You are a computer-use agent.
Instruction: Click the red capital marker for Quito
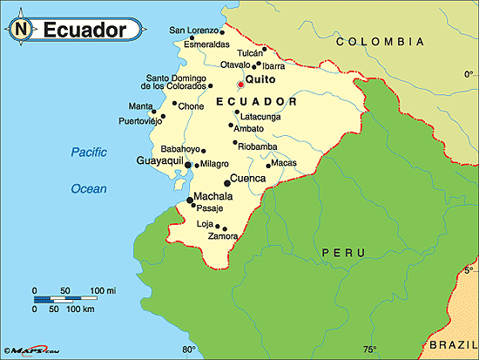point(240,85)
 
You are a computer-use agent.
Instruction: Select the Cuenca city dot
point(227,182)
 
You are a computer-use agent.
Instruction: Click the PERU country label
point(337,252)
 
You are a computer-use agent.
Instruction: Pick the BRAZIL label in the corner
point(451,345)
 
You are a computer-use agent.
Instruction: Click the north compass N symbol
point(20,30)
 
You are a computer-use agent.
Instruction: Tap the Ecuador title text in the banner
point(84,30)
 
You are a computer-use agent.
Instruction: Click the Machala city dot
point(189,200)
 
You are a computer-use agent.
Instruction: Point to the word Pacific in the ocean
point(89,153)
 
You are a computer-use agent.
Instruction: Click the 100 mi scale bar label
point(103,289)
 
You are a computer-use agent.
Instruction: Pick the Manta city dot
point(153,112)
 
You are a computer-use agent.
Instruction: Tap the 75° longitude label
point(370,350)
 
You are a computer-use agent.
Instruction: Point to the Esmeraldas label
point(195,44)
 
